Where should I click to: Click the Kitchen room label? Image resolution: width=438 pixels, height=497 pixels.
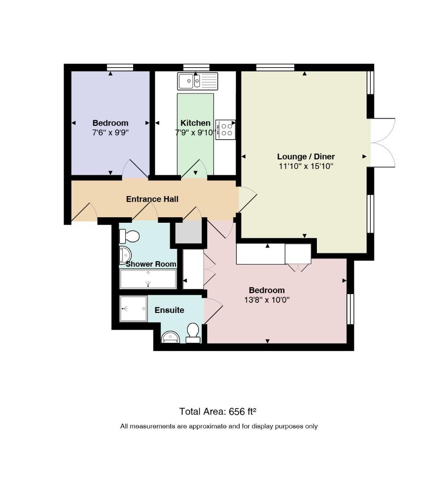[x=195, y=123]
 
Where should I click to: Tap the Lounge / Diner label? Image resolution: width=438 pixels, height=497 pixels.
[x=306, y=156]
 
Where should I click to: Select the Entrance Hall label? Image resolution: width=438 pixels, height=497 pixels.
[x=152, y=199]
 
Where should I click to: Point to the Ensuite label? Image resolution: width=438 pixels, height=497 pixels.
[x=169, y=310]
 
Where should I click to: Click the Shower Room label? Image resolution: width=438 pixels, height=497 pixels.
[x=151, y=264]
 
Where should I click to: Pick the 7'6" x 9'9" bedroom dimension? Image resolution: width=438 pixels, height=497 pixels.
[x=111, y=133]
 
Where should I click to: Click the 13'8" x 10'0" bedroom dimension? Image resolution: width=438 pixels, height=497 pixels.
[x=267, y=300]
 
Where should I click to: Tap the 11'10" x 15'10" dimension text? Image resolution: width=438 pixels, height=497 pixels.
[x=306, y=166]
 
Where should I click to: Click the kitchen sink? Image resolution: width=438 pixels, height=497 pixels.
[x=198, y=81]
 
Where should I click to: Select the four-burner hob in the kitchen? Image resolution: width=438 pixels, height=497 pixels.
[x=226, y=130]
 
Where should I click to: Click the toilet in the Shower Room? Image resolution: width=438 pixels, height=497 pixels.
[x=129, y=236]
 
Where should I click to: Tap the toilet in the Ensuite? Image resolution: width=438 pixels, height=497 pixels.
[x=193, y=333]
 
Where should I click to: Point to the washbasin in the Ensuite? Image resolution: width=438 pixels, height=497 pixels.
[x=170, y=337]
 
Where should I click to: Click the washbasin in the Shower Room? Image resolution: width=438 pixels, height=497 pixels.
[x=125, y=255]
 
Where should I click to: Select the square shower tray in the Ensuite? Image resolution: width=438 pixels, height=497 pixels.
[x=133, y=309]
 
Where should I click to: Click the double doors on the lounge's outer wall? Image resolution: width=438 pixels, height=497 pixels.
[x=383, y=143]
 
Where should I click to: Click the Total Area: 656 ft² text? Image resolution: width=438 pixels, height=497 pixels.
[x=217, y=411]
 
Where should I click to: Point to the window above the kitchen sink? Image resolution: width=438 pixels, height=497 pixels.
[x=196, y=67]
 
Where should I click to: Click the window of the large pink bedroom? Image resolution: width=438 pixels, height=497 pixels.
[x=350, y=309]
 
